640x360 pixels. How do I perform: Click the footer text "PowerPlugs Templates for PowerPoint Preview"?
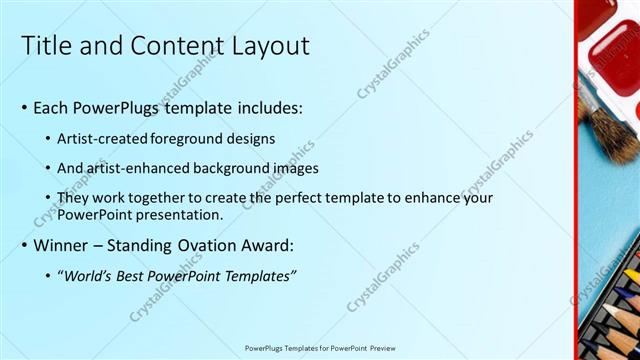320,348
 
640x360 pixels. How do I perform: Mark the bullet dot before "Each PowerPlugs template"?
24,108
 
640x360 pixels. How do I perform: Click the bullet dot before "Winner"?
24,246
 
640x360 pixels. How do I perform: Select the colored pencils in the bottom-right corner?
615,310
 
